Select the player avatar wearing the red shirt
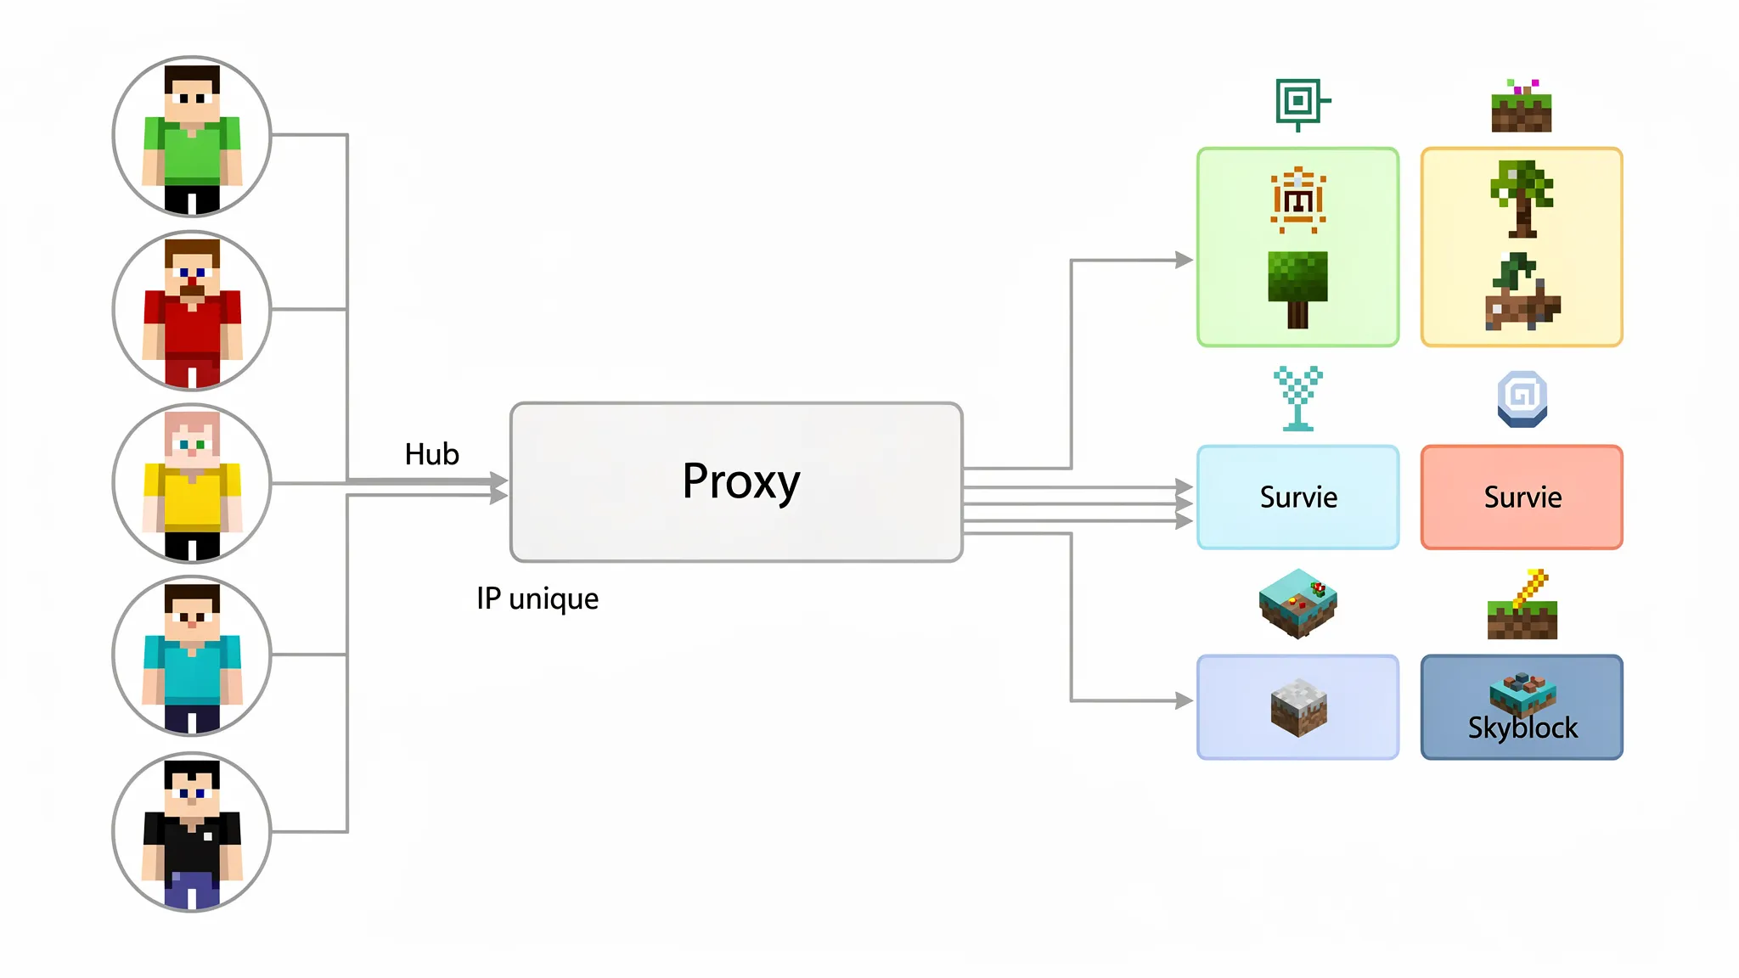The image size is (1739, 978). coord(192,311)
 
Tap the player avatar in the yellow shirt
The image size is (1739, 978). coord(192,484)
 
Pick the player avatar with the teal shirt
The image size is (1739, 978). coord(192,655)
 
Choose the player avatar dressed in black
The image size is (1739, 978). coord(192,832)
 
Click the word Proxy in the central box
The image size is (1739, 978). coord(740,482)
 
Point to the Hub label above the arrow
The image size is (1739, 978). coord(431,454)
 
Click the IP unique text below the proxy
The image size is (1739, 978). coord(537,599)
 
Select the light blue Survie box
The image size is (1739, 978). coord(1297,497)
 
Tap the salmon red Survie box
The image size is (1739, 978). coord(1522,497)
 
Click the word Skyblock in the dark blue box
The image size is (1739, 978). coord(1522,728)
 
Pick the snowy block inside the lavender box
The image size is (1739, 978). coord(1298,706)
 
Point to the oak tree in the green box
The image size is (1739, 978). coord(1297,289)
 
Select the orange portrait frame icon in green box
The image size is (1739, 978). coord(1297,200)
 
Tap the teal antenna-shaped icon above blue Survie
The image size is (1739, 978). coord(1297,398)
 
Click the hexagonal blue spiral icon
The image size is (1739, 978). coord(1522,398)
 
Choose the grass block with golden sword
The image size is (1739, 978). coord(1522,606)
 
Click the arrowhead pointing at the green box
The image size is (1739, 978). coord(1185,260)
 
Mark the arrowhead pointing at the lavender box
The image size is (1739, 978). coord(1185,700)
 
